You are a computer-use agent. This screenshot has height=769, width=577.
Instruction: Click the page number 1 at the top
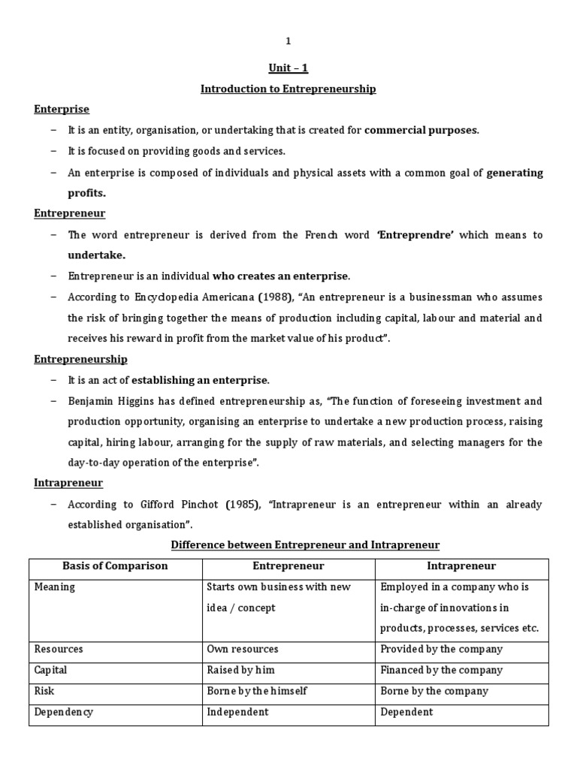[x=288, y=41]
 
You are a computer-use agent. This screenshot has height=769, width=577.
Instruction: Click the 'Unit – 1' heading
[x=288, y=68]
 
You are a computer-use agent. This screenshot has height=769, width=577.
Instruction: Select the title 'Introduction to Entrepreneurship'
[x=288, y=89]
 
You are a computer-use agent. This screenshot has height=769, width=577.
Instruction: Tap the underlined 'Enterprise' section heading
[x=62, y=110]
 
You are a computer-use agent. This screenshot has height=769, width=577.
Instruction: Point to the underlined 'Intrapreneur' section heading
[x=68, y=483]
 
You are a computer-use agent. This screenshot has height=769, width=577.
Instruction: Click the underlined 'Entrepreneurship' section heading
[x=80, y=359]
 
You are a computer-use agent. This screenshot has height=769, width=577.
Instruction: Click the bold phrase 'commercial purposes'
[x=420, y=131]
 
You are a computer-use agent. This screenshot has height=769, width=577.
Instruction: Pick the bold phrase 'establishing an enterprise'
[x=200, y=380]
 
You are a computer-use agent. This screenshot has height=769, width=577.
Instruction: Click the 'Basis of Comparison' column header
[x=115, y=565]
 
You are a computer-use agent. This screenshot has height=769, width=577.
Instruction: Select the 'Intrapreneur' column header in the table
[x=461, y=565]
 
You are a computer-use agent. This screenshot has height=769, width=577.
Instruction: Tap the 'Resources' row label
[x=59, y=649]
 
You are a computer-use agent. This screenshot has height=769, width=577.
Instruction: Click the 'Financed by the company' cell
[x=442, y=670]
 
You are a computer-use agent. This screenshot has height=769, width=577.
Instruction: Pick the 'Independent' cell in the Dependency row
[x=237, y=712]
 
